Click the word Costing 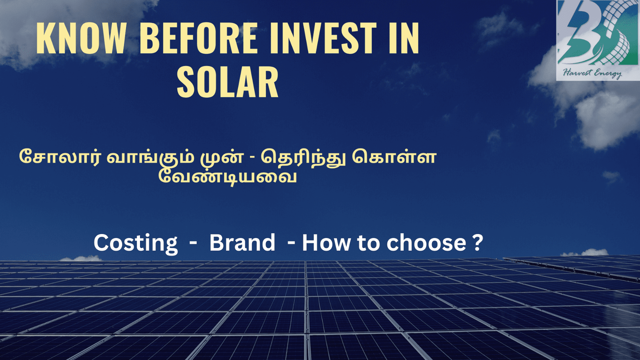pos(136,243)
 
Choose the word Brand pos(242,242)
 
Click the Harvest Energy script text pos(592,73)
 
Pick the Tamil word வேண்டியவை pos(228,177)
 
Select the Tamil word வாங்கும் pos(150,158)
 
